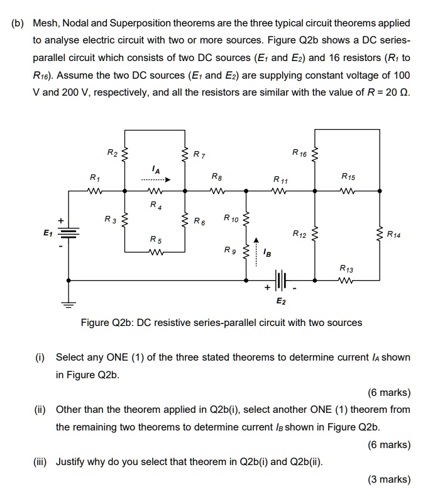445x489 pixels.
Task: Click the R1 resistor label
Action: coord(94,177)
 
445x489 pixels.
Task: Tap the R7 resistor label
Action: coord(199,154)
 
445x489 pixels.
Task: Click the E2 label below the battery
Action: coord(281,302)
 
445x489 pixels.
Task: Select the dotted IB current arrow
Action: coord(256,249)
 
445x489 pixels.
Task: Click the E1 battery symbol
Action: coord(69,232)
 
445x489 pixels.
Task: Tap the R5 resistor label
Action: coord(155,240)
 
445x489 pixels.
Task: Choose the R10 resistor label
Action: coord(231,218)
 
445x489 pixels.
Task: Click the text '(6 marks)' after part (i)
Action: coord(389,393)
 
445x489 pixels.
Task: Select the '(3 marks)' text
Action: coord(389,479)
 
